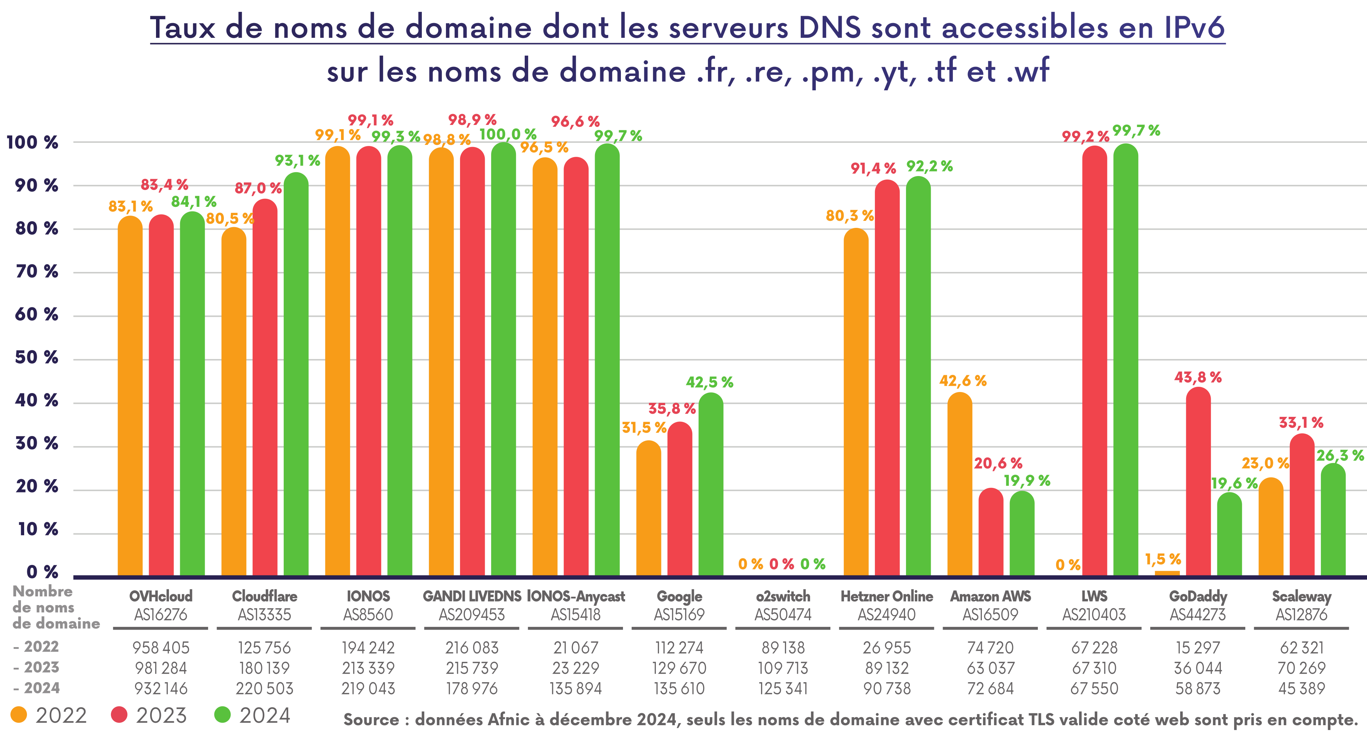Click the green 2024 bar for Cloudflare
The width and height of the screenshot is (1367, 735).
(296, 374)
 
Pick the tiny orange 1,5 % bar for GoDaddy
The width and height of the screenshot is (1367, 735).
(1167, 573)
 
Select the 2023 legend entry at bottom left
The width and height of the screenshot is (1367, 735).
(149, 715)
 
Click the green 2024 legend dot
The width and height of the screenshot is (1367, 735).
(222, 715)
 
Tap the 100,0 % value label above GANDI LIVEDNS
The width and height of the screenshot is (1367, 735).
(507, 134)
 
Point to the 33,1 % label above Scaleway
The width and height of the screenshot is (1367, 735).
(1301, 423)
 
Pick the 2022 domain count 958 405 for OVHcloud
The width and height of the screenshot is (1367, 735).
(161, 648)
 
